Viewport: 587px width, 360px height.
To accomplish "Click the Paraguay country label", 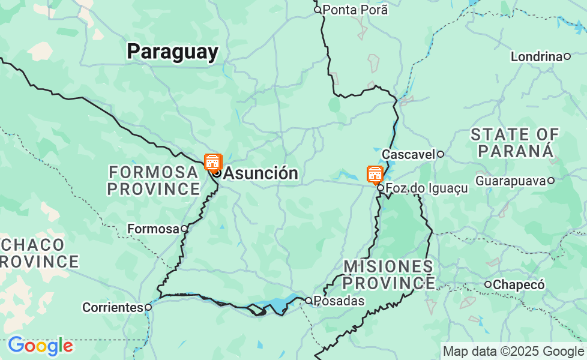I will coord(172,52).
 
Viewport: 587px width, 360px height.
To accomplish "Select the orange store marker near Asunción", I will coord(212,161).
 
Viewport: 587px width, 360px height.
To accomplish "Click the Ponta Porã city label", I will coord(355,10).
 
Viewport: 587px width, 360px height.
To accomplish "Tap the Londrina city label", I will coord(536,56).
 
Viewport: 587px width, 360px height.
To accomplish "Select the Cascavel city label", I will coord(408,154).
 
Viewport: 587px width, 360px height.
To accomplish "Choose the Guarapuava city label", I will coord(510,180).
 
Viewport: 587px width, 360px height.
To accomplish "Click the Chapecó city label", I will coord(519,284).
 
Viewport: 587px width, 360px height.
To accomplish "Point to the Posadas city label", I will coord(339,301).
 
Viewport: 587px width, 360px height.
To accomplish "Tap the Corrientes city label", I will coord(113,307).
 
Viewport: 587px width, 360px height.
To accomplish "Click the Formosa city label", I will coord(154,229).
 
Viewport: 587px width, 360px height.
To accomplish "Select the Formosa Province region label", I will coord(154,181).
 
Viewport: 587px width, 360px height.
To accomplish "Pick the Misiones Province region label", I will coord(388,274).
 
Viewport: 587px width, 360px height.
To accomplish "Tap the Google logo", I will coord(40,346).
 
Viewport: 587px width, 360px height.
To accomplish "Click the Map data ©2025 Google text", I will coord(513,352).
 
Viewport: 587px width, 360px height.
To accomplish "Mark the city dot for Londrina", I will coord(567,56).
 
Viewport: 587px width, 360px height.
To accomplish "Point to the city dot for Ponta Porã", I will coord(318,10).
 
